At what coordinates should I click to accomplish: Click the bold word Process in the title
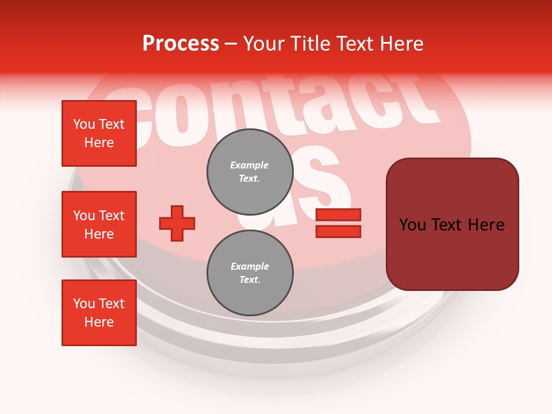pyautogui.click(x=181, y=44)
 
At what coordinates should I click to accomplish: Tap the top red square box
pyautogui.click(x=99, y=133)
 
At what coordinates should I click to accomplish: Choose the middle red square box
pyautogui.click(x=99, y=224)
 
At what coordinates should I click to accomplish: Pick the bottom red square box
pyautogui.click(x=99, y=313)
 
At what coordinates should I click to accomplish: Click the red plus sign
pyautogui.click(x=177, y=223)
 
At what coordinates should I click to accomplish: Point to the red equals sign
pyautogui.click(x=338, y=223)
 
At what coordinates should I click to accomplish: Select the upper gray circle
pyautogui.click(x=250, y=171)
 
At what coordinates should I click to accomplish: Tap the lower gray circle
pyautogui.click(x=250, y=273)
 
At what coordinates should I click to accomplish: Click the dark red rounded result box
pyautogui.click(x=452, y=224)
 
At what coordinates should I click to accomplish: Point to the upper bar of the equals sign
pyautogui.click(x=338, y=215)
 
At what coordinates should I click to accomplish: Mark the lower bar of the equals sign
pyautogui.click(x=338, y=231)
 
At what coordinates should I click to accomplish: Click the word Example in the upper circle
pyautogui.click(x=250, y=165)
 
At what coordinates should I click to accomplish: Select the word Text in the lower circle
pyautogui.click(x=250, y=279)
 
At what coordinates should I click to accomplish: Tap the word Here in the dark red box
pyautogui.click(x=486, y=224)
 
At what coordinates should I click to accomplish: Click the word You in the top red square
pyautogui.click(x=84, y=124)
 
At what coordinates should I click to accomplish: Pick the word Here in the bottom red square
pyautogui.click(x=99, y=322)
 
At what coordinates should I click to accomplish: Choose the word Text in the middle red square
pyautogui.click(x=112, y=216)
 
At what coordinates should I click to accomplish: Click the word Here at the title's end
pyautogui.click(x=403, y=44)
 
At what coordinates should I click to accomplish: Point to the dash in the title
pyautogui.click(x=231, y=44)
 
